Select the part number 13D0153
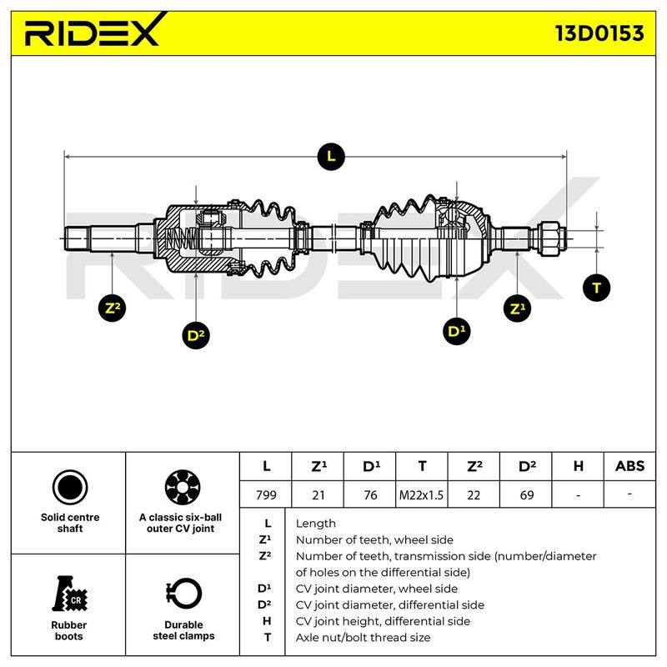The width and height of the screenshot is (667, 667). click(599, 33)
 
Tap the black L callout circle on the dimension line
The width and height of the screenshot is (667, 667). click(331, 156)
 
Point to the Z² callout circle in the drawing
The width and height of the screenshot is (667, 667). click(113, 308)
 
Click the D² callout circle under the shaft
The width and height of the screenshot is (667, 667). click(195, 335)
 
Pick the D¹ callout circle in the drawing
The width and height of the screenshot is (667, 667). click(456, 330)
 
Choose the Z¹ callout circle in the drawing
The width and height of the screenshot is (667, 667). click(517, 308)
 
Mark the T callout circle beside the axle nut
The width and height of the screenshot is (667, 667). click(596, 288)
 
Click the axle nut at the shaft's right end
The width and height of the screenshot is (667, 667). click(552, 238)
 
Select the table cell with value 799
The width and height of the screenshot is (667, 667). click(266, 494)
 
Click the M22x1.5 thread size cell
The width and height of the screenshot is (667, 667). click(421, 494)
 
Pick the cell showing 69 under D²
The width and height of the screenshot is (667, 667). click(526, 494)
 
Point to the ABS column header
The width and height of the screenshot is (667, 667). click(629, 466)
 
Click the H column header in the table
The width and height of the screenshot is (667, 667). click(578, 466)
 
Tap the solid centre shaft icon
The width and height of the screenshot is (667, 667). click(70, 488)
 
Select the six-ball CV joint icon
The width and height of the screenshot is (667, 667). click(183, 488)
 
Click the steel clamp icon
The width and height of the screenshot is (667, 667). click(183, 594)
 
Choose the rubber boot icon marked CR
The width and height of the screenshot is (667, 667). click(69, 594)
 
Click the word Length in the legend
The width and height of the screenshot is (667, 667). click(316, 524)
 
